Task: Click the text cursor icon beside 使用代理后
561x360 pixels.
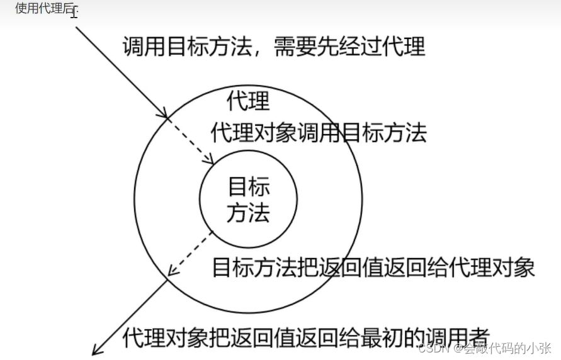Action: pyautogui.click(x=74, y=11)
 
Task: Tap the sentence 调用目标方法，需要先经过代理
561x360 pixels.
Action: pyautogui.click(x=274, y=46)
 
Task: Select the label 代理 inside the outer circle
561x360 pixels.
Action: pyautogui.click(x=248, y=100)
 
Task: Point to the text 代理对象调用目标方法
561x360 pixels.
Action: pyautogui.click(x=319, y=133)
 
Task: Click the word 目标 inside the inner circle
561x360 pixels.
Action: pyautogui.click(x=249, y=186)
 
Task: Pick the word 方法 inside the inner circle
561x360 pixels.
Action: pyautogui.click(x=249, y=213)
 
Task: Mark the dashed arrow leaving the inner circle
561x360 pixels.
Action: pyautogui.click(x=191, y=254)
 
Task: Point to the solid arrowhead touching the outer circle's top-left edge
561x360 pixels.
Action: pyautogui.click(x=165, y=115)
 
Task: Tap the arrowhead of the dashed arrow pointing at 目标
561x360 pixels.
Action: pyautogui.click(x=210, y=159)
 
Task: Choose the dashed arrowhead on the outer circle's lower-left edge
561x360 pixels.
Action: pyautogui.click(x=171, y=272)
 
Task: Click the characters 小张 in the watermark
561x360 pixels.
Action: pyautogui.click(x=540, y=347)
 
